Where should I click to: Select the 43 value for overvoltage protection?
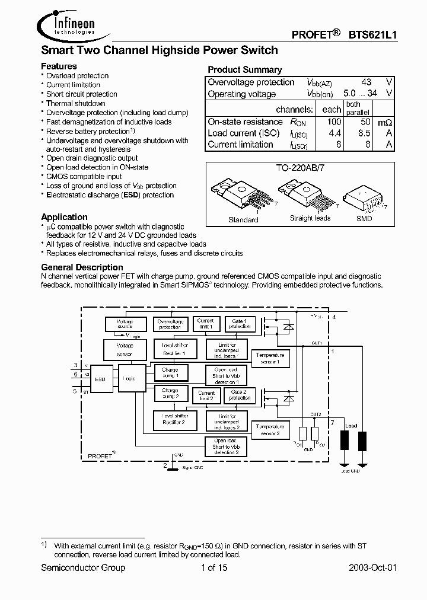(366, 82)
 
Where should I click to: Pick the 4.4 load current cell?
(334, 133)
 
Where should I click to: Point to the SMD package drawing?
(363, 198)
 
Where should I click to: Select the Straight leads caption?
(310, 218)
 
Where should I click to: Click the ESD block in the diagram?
(100, 378)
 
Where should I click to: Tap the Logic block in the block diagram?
(129, 378)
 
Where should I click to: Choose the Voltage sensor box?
(125, 349)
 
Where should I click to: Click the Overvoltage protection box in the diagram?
(170, 324)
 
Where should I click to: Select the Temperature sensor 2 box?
(270, 430)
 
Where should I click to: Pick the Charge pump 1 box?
(170, 373)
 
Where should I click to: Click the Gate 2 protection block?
(240, 395)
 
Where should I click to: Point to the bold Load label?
(352, 426)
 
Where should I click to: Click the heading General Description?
(82, 267)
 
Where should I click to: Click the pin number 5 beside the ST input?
(75, 391)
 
